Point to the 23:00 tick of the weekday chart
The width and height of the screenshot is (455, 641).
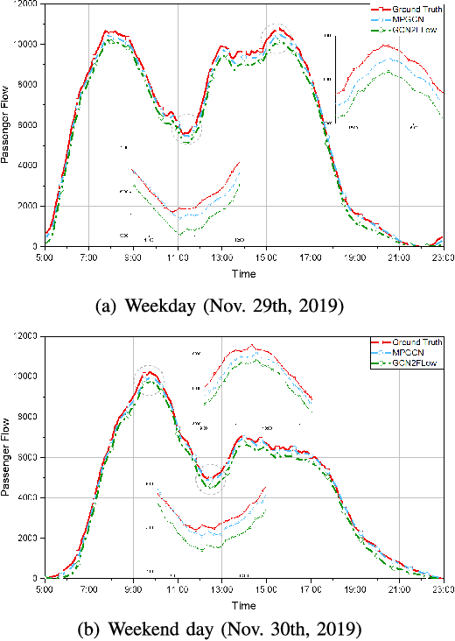tap(442, 257)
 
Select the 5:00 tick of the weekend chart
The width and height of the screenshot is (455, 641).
tap(45, 590)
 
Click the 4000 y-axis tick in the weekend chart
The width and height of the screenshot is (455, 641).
tap(27, 497)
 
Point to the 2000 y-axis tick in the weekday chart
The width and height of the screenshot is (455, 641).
tap(27, 206)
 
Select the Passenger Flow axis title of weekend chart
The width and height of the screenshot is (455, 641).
tap(7, 456)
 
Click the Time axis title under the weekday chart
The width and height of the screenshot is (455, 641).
tap(243, 273)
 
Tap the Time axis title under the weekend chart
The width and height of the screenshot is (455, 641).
tap(243, 605)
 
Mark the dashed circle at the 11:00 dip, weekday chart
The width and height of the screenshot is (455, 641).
tap(186, 129)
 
